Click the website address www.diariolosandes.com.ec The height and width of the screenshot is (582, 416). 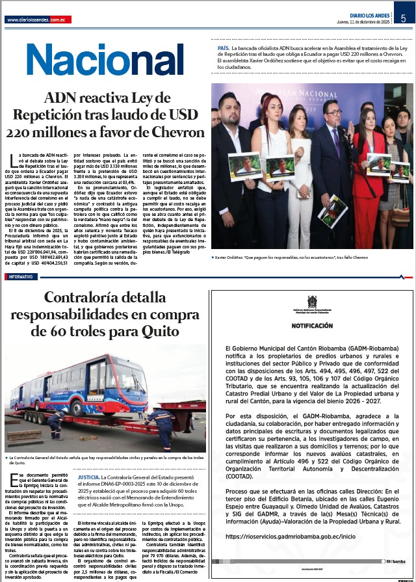click(x=37, y=20)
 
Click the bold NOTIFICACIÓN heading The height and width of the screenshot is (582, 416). click(x=312, y=325)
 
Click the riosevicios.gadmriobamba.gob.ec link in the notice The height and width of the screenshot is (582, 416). click(x=281, y=536)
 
